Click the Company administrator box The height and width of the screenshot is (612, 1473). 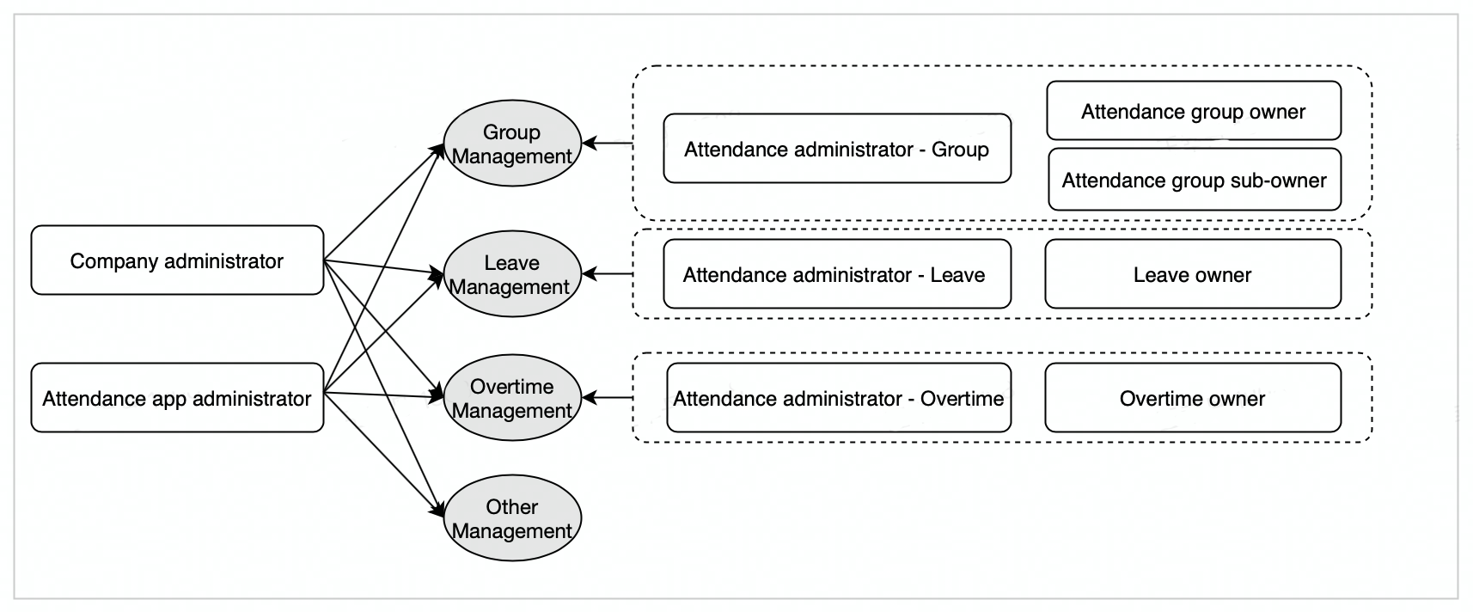177,260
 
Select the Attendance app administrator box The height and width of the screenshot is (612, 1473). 177,398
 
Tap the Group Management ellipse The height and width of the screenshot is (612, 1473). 512,144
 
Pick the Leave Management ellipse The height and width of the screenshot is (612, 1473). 512,274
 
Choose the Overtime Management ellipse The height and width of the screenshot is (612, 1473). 512,398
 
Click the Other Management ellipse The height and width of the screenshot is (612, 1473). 512,518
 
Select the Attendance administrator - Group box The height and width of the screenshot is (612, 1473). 837,149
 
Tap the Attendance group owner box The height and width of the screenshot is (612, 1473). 1194,111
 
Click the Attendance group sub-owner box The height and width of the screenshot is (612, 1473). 1194,180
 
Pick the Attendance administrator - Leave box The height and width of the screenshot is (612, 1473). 837,274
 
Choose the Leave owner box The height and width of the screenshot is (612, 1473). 1193,274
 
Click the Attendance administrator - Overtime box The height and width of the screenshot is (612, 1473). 839,398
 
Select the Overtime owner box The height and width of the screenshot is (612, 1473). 1193,398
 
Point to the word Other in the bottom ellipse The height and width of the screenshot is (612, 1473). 511,507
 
